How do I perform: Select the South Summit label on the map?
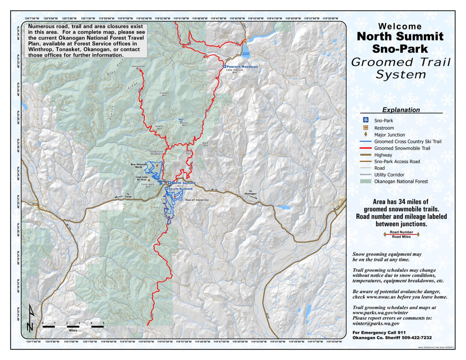(x=181, y=189)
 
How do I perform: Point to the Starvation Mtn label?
(x=138, y=67)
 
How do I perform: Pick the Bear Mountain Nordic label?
(x=139, y=165)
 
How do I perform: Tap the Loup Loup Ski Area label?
(x=141, y=178)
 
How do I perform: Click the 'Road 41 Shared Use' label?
(x=197, y=201)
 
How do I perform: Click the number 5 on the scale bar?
(x=103, y=322)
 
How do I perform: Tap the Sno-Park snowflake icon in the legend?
(x=365, y=121)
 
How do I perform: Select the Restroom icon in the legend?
(x=365, y=128)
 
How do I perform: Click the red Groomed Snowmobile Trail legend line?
(x=365, y=148)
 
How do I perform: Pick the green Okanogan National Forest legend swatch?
(x=365, y=181)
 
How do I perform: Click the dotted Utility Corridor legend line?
(x=365, y=175)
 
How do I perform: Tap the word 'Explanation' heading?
(x=401, y=110)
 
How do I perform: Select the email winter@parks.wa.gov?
(x=376, y=323)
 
